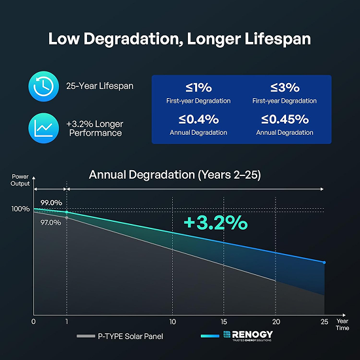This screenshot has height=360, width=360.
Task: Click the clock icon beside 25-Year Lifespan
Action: pyautogui.click(x=44, y=86)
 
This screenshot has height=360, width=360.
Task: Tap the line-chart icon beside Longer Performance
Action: pyautogui.click(x=44, y=128)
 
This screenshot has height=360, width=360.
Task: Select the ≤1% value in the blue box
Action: pyautogui.click(x=198, y=88)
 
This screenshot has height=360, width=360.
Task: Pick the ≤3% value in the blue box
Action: pyautogui.click(x=285, y=88)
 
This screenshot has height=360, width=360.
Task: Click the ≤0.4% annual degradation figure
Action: pyautogui.click(x=198, y=119)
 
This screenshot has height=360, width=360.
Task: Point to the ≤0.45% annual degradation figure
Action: pyautogui.click(x=285, y=119)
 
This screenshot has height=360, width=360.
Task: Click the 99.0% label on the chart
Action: pyautogui.click(x=51, y=203)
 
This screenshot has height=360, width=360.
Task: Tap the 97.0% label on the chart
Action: pyautogui.click(x=51, y=223)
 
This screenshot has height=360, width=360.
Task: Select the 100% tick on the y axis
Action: pyautogui.click(x=20, y=209)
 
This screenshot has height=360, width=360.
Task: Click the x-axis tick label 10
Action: pyautogui.click(x=172, y=321)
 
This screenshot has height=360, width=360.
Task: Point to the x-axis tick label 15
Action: pyautogui.click(x=224, y=321)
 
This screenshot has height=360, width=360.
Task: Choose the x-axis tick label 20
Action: pyautogui.click(x=276, y=321)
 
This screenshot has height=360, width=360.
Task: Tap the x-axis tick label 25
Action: pyautogui.click(x=324, y=321)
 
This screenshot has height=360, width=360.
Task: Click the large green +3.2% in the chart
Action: pyautogui.click(x=215, y=223)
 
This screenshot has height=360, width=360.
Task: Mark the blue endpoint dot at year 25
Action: pyautogui.click(x=324, y=262)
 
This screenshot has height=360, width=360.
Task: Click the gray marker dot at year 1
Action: pyautogui.click(x=67, y=218)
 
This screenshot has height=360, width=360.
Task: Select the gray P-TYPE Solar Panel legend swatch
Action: pyautogui.click(x=86, y=336)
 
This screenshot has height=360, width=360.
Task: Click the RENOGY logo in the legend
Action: pyautogui.click(x=248, y=336)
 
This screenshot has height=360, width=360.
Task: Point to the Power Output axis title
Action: pyautogui.click(x=20, y=180)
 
